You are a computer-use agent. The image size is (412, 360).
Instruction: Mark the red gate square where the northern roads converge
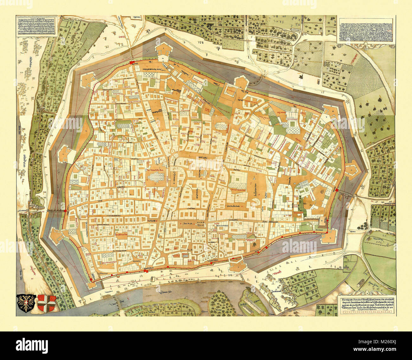(132, 63)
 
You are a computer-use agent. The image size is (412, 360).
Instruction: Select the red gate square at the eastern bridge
(337, 190)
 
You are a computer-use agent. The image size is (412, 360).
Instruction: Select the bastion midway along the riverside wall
(237, 265)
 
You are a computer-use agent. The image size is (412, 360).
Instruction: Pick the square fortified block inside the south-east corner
(322, 221)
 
